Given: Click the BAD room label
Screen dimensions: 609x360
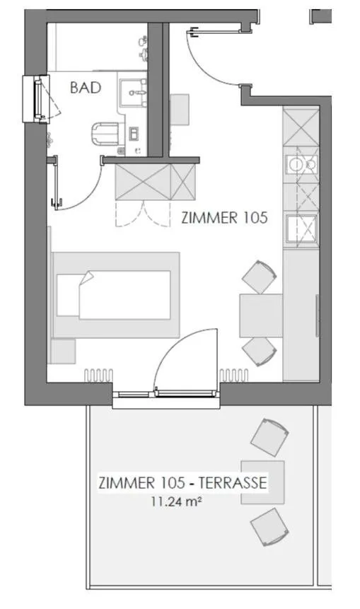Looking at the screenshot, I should [x=86, y=88].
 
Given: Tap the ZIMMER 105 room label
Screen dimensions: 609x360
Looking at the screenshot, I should [x=224, y=218].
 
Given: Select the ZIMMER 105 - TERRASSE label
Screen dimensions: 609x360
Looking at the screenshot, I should [x=182, y=484].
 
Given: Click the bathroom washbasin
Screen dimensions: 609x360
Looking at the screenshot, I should [x=134, y=93].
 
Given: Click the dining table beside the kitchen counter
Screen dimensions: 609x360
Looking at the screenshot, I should [x=260, y=315].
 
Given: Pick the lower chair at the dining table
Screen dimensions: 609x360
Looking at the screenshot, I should [x=259, y=351].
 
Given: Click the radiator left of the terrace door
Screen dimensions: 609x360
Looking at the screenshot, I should [x=98, y=374].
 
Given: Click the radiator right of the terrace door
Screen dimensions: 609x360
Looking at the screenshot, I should [x=233, y=374].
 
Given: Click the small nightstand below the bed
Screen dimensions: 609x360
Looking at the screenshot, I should [x=63, y=352].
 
